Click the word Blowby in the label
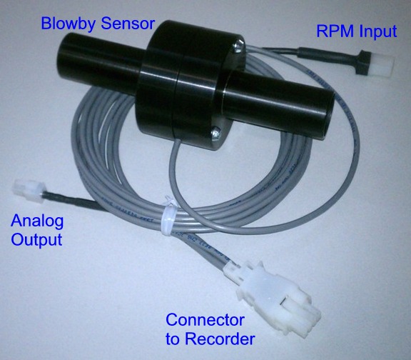(x=68, y=24)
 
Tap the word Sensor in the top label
(x=128, y=24)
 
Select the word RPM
(x=335, y=31)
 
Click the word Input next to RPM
(x=378, y=31)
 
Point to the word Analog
(x=37, y=221)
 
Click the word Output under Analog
(x=36, y=239)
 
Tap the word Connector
(x=205, y=320)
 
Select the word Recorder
(x=220, y=339)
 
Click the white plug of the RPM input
(x=382, y=64)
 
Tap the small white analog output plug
(x=29, y=191)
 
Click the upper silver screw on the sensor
(x=238, y=46)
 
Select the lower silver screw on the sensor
(x=216, y=131)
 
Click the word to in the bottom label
(x=172, y=339)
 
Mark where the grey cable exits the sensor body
(x=179, y=141)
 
